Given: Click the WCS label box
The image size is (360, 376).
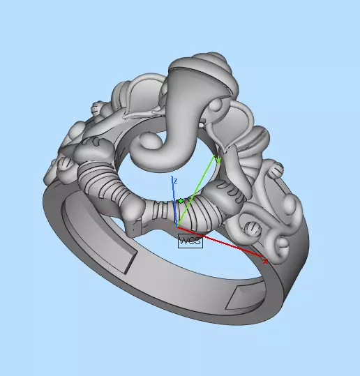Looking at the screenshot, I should [190, 241].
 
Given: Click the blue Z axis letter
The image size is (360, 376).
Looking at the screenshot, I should [175, 181].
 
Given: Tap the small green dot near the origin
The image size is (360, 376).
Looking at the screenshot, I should [180, 201].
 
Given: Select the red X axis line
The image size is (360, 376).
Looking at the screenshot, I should [223, 243].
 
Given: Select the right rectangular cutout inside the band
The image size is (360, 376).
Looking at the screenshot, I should [245, 296].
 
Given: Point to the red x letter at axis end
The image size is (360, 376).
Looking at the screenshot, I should [265, 261].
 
